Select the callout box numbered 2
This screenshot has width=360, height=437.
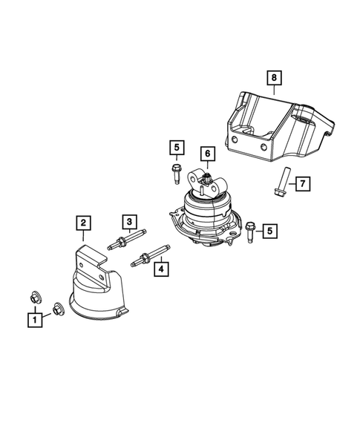point(83,222)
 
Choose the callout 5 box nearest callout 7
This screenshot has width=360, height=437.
point(269,231)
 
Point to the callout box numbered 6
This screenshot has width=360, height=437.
point(208,154)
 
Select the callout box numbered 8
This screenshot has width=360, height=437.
point(273,77)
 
